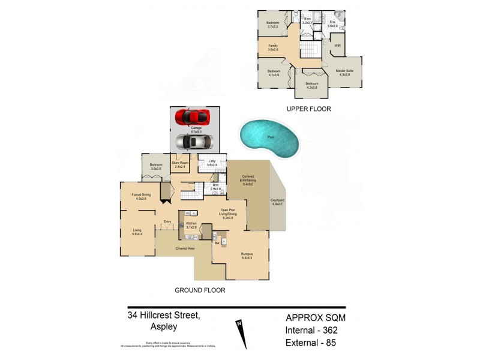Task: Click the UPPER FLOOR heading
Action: (309, 109)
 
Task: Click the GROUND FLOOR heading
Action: (200, 290)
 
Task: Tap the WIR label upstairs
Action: (338, 46)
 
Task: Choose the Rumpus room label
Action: (247, 256)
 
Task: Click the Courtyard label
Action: (277, 203)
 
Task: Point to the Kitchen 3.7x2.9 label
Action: (191, 226)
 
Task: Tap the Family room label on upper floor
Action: (272, 47)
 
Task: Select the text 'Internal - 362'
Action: (316, 331)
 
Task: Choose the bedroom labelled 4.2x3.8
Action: (311, 85)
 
